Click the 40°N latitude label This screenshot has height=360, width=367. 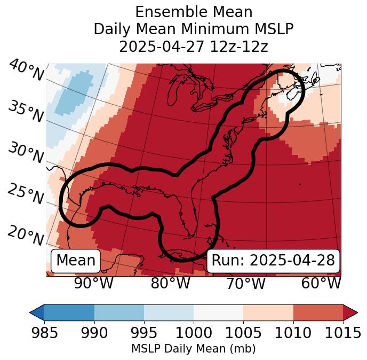tap(26, 70)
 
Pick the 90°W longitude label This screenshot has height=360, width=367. tap(94, 284)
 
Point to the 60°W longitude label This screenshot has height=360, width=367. tap(321, 284)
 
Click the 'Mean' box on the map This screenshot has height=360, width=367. tap(75, 261)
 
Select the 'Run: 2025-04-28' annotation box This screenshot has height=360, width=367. tap(273, 261)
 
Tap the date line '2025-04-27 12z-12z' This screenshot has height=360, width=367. tap(194, 46)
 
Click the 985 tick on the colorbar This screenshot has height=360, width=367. tap(44, 333)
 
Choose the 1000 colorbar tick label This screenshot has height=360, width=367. tap(194, 333)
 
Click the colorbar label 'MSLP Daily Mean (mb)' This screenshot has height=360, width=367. tap(194, 349)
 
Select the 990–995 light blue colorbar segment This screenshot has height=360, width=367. tap(119, 312)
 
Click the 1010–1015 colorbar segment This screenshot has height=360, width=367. tap(318, 312)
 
